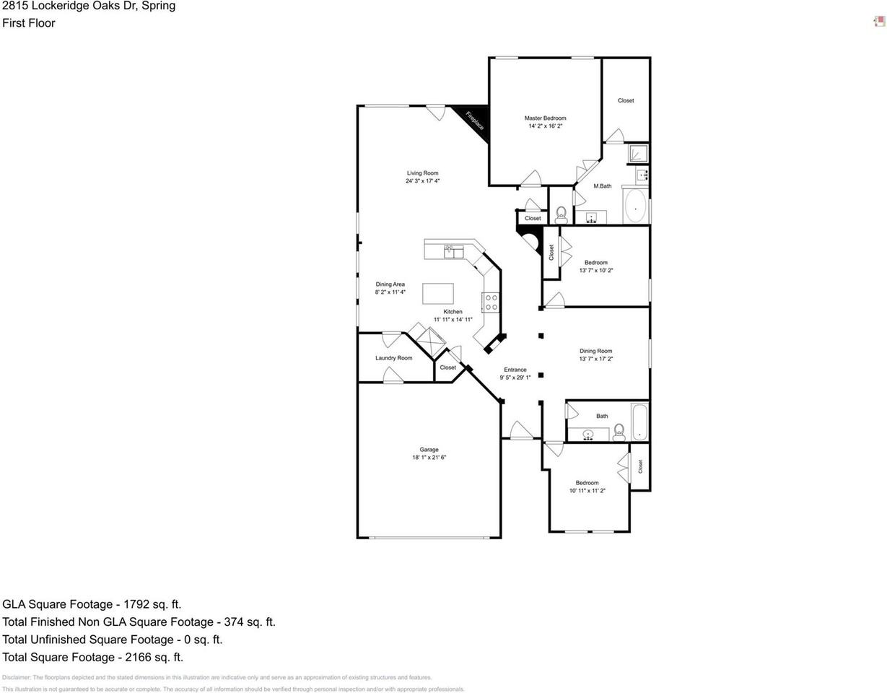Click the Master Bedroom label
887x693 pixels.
coord(545,118)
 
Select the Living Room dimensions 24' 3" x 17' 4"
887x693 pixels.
coord(422,181)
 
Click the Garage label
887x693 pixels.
coord(429,449)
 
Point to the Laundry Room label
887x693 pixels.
coord(393,358)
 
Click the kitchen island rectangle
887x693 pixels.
coord(437,294)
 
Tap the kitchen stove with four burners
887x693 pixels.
coord(491,302)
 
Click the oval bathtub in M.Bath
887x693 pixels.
coord(635,206)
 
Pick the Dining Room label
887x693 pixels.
coord(595,351)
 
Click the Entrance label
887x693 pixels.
coord(515,370)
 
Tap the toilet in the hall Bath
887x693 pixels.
coord(619,433)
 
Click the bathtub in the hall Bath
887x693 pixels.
coord(639,422)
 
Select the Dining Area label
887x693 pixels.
coord(390,284)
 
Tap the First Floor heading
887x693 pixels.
coord(29,23)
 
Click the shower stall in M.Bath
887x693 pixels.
coord(637,153)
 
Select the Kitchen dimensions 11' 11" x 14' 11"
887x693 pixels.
coord(453,320)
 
